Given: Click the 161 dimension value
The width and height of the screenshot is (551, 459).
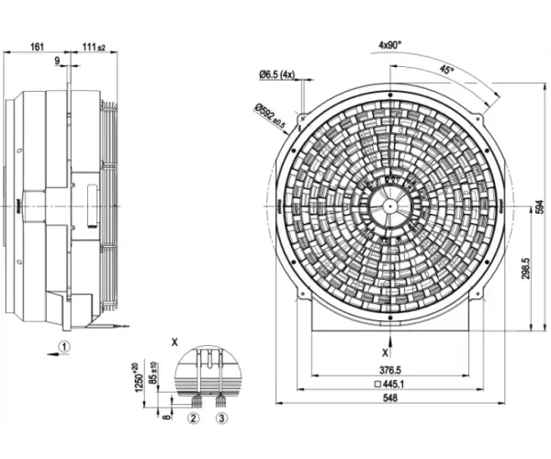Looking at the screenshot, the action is pos(38,47).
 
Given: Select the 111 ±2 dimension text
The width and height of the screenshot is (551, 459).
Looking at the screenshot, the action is pos(94,47).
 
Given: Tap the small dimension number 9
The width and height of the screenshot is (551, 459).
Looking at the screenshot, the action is pos(57,61).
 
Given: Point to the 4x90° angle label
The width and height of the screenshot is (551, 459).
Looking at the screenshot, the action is pos(389,45).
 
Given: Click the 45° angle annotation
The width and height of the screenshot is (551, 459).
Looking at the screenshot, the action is pos(446,70).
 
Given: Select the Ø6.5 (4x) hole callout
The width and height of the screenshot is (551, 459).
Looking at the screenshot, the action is pos(277,74).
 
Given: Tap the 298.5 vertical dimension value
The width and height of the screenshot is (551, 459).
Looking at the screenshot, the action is pos(525,268).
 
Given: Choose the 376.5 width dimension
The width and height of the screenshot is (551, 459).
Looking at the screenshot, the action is pos(390,370).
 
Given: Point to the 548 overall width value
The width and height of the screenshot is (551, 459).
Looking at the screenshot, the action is pos(390,397).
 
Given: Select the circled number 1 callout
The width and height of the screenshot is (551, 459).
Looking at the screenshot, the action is pos(64,347).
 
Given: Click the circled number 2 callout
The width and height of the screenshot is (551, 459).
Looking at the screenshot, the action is pos(193,418).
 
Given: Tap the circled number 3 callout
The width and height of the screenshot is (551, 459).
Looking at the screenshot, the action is pos(221,418).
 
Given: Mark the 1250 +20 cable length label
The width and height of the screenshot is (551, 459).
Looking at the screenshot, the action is pos(139,378).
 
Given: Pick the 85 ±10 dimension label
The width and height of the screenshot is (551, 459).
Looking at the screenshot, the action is pos(153,373).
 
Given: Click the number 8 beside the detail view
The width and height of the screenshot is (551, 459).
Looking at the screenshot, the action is pos(167,416).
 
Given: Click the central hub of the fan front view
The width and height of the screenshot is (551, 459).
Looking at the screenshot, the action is pos(390,206).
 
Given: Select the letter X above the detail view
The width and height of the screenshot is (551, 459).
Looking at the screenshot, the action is pos(174,342).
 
